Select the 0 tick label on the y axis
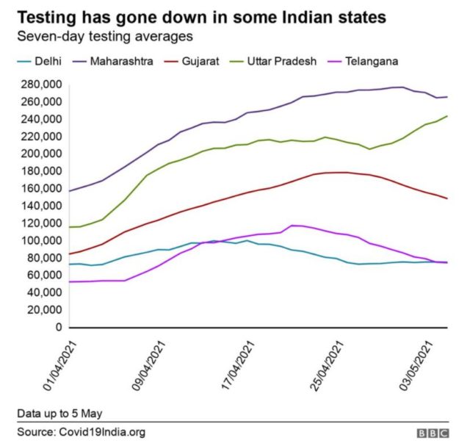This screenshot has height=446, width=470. tap(58, 328)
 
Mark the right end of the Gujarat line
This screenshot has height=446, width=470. tap(447, 198)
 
